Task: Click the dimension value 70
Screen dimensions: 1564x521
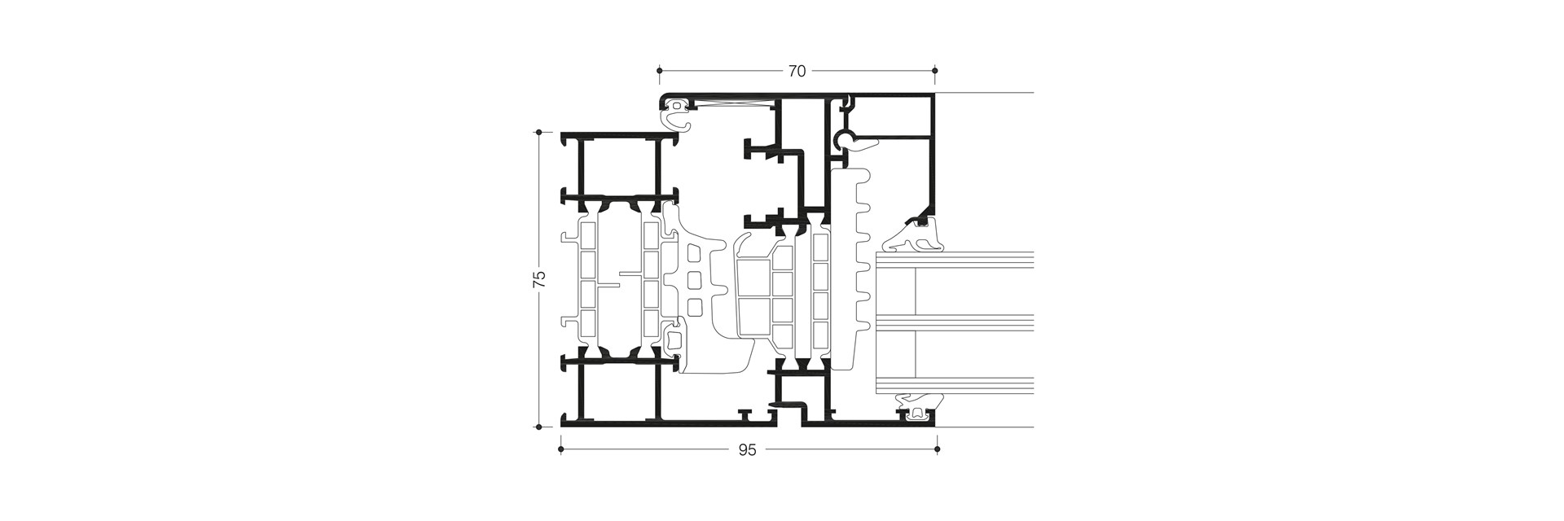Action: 797,72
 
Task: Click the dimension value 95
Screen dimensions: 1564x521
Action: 748,450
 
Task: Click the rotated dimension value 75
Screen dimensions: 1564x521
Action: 538,279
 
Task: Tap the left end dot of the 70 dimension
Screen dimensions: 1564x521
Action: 659,72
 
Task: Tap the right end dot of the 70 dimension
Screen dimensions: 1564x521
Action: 934,72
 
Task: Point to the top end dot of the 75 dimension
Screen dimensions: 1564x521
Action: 538,132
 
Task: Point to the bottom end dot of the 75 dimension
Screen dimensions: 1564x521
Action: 538,426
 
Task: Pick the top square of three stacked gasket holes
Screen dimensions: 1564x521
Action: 695,255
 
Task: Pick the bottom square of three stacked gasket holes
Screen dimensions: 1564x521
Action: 695,307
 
